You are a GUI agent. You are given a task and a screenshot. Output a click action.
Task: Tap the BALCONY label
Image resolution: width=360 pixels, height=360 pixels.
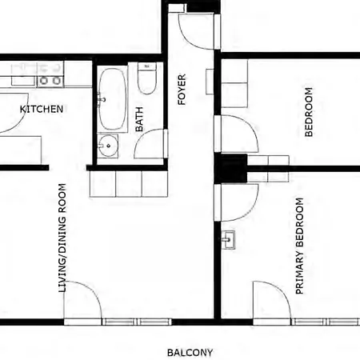click(190, 352)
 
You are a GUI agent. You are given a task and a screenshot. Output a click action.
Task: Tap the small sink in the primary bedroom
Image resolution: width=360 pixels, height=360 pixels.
click(230, 239)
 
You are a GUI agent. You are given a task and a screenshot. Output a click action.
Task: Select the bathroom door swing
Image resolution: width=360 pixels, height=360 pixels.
click(149, 146)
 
